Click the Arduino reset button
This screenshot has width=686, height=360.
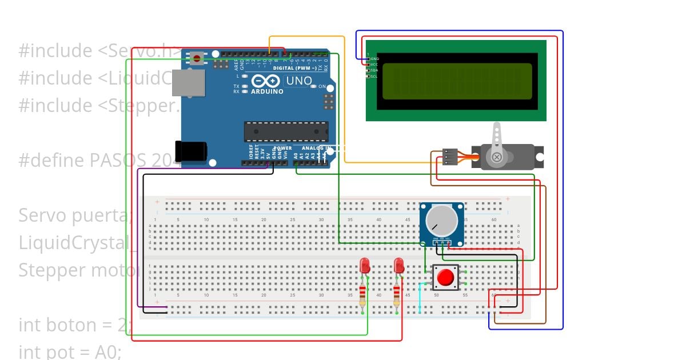(x=197, y=58)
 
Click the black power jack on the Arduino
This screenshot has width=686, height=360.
(x=190, y=151)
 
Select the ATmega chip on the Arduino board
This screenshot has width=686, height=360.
(x=286, y=131)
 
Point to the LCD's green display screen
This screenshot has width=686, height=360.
(x=457, y=81)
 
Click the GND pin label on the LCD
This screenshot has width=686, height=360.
(x=375, y=58)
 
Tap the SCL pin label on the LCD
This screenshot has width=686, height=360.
(x=374, y=76)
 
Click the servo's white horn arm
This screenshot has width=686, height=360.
(x=497, y=137)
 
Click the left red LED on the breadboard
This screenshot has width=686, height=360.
(x=364, y=266)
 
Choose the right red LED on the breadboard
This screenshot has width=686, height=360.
(x=399, y=266)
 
